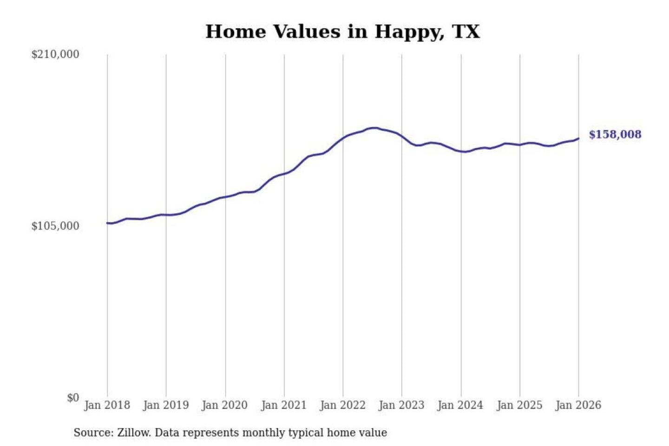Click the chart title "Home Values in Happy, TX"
pos(342,32)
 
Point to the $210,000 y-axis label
pos(55,54)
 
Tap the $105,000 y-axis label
pos(55,226)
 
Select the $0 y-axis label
pos(73,398)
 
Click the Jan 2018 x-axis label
pos(107,405)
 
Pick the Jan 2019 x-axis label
pos(166,405)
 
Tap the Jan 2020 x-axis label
pos(225,405)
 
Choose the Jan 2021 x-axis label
pos(284,405)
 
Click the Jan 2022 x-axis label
pos(343,405)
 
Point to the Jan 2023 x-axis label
pos(402,405)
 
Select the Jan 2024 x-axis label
pos(460,405)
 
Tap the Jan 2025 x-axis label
pos(519,405)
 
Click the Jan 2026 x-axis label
pos(578,405)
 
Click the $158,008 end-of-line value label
pos(615,134)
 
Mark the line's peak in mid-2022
pos(373,128)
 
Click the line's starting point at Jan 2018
pos(107,223)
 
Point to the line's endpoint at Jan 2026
pos(578,138)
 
